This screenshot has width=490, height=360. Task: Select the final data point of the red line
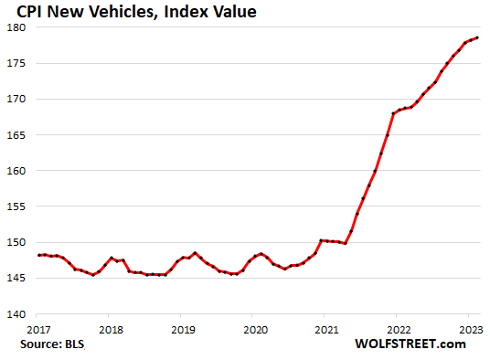click(478, 37)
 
